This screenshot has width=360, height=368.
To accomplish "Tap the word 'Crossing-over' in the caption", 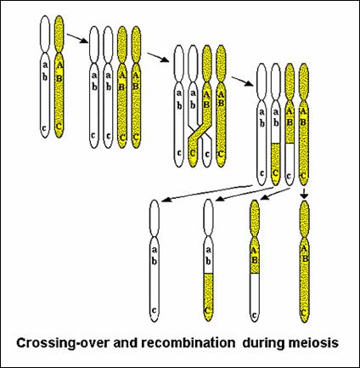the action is point(63,343).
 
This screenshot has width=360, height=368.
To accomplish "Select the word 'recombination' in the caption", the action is point(188,343).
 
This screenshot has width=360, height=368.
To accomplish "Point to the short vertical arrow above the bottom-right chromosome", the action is point(304,193).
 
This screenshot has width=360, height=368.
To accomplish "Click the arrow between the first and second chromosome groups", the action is point(77,38).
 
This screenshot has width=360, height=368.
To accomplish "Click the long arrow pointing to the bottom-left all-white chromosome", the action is point(206,193).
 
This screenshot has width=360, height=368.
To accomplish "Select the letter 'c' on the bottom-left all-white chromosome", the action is point(155,309).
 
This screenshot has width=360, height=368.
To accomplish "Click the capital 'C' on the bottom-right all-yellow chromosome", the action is point(304,313).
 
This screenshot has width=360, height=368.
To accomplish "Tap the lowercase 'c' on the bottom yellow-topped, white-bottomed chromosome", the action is point(255,314).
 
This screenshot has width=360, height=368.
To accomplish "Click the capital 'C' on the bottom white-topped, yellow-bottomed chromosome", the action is point(207,310).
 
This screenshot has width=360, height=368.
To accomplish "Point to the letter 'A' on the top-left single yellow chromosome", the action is point(59,66).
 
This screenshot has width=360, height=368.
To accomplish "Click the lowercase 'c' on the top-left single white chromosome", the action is point(44,128).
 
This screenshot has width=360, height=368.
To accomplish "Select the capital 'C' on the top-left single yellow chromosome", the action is point(59,127).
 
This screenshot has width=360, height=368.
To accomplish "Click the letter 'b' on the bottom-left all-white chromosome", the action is point(155,261).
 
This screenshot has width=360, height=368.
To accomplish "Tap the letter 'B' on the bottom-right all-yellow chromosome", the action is point(305,258).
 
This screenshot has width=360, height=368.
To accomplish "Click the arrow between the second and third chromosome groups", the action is point(158,57).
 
